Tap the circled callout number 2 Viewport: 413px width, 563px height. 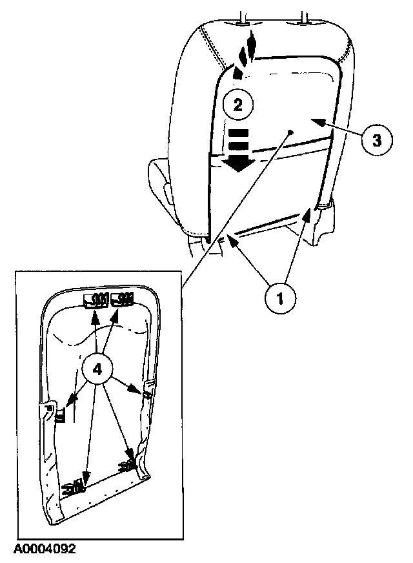pyautogui.click(x=238, y=105)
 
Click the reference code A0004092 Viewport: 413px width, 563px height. pyautogui.click(x=44, y=549)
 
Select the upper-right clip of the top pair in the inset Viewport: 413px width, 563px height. pyautogui.click(x=121, y=298)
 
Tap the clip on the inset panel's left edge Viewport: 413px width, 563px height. pyautogui.click(x=60, y=415)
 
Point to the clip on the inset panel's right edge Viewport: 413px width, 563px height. pyautogui.click(x=146, y=391)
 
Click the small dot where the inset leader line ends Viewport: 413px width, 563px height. pyautogui.click(x=290, y=132)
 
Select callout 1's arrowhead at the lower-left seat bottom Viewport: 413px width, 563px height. pyautogui.click(x=225, y=240)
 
